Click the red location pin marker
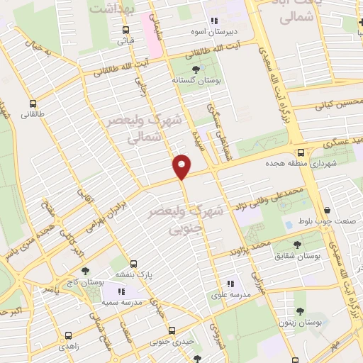[182, 166]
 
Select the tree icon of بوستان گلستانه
[196, 69]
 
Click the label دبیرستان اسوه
[237, 33]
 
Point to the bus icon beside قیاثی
[125, 30]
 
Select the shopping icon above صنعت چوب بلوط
[327, 210]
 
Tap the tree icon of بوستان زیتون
[300, 311]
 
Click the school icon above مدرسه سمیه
[121, 291]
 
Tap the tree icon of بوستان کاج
[86, 271]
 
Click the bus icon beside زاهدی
[68, 336]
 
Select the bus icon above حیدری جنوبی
[172, 330]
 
